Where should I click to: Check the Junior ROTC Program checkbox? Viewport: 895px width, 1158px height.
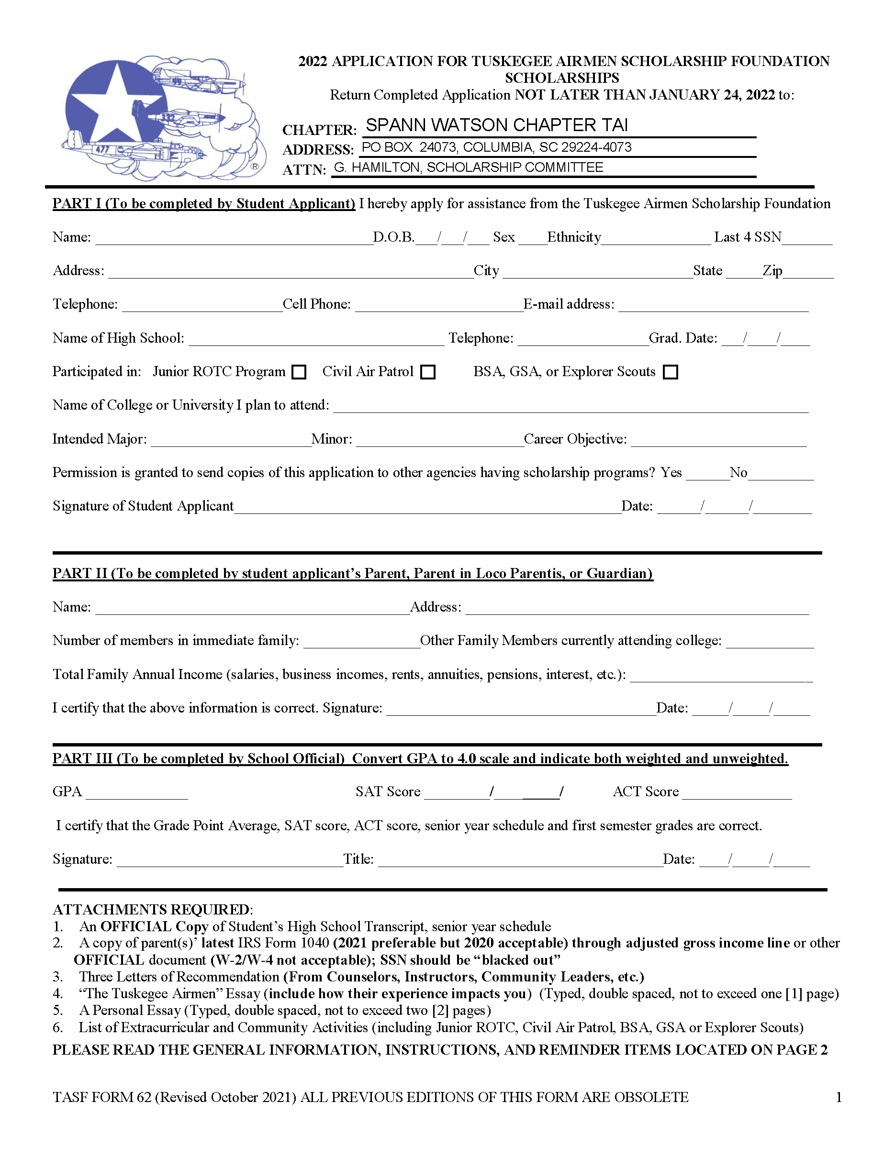pos(299,372)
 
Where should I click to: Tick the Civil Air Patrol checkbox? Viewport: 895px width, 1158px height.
pos(427,372)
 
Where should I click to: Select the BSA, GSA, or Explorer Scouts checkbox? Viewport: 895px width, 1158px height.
pos(671,372)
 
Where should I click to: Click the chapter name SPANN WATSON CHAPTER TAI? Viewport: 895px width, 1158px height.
pos(497,125)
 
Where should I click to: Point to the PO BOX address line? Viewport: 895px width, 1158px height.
pos(497,147)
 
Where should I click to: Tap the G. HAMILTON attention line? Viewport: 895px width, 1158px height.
pos(469,167)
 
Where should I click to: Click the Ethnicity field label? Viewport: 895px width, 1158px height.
pos(574,237)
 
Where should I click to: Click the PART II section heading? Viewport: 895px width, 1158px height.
pos(353,573)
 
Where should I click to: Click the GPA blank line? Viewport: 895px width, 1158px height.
pos(137,794)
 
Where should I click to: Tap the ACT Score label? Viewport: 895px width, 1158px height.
pos(646,791)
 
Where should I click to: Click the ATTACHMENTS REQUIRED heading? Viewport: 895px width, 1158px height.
pos(153,910)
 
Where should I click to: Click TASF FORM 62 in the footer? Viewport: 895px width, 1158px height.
pos(102,1097)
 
